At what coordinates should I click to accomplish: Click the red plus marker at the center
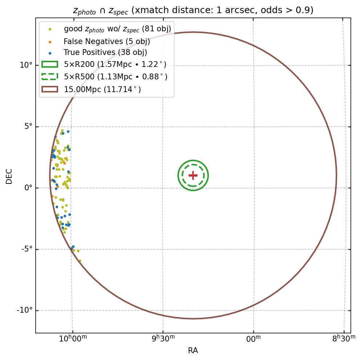coord(193,175)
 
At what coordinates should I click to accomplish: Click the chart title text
coord(193,10)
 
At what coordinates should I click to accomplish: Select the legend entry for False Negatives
coord(107,41)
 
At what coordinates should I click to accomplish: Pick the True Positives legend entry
coord(105,53)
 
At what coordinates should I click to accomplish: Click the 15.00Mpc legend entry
coord(102,89)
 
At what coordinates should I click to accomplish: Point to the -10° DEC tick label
coord(25,310)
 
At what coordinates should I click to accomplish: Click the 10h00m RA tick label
coord(73,339)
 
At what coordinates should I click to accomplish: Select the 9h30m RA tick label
coord(163,339)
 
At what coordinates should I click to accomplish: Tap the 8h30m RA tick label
coord(344,339)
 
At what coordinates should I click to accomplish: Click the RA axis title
coord(193,351)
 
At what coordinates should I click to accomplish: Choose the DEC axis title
coord(9,176)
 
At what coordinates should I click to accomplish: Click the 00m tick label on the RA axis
coord(253,339)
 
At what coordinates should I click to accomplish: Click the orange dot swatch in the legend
coord(50,41)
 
